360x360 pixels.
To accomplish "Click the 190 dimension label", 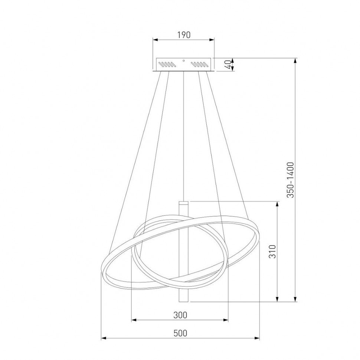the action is [x=184, y=35].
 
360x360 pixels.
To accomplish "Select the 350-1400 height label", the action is [x=291, y=180].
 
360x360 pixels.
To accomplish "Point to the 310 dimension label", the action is [x=272, y=251].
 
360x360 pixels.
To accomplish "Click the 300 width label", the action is [x=180, y=315].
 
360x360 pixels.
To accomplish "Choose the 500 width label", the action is [x=180, y=333].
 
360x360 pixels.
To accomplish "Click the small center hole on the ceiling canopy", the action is [x=183, y=60].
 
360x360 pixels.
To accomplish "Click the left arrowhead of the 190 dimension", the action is [x=156, y=40].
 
